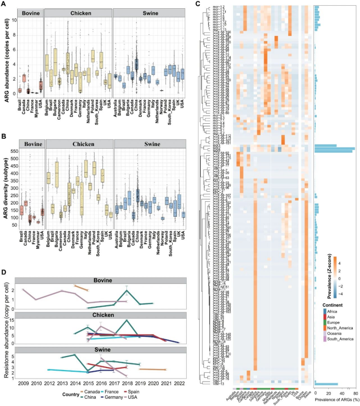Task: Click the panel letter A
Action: pos(4,5)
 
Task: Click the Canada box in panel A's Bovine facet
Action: pos(23,78)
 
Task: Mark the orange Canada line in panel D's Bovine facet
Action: pos(82,287)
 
